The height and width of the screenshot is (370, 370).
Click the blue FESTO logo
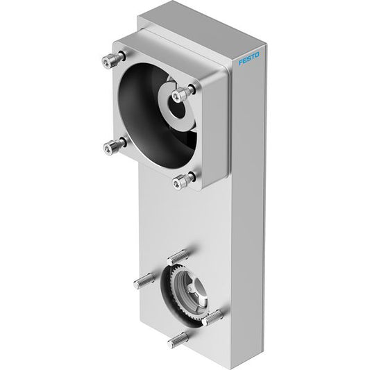click(249, 58)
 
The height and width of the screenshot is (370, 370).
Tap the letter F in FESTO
click(241, 62)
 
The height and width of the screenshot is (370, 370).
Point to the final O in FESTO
click(257, 55)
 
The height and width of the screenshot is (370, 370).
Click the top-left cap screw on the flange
click(113, 60)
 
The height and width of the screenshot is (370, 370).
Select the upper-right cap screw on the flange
click(183, 94)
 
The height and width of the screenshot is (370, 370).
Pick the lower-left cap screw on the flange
click(115, 146)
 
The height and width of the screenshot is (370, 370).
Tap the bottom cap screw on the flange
click(183, 180)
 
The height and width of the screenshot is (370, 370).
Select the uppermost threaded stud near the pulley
click(178, 258)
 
